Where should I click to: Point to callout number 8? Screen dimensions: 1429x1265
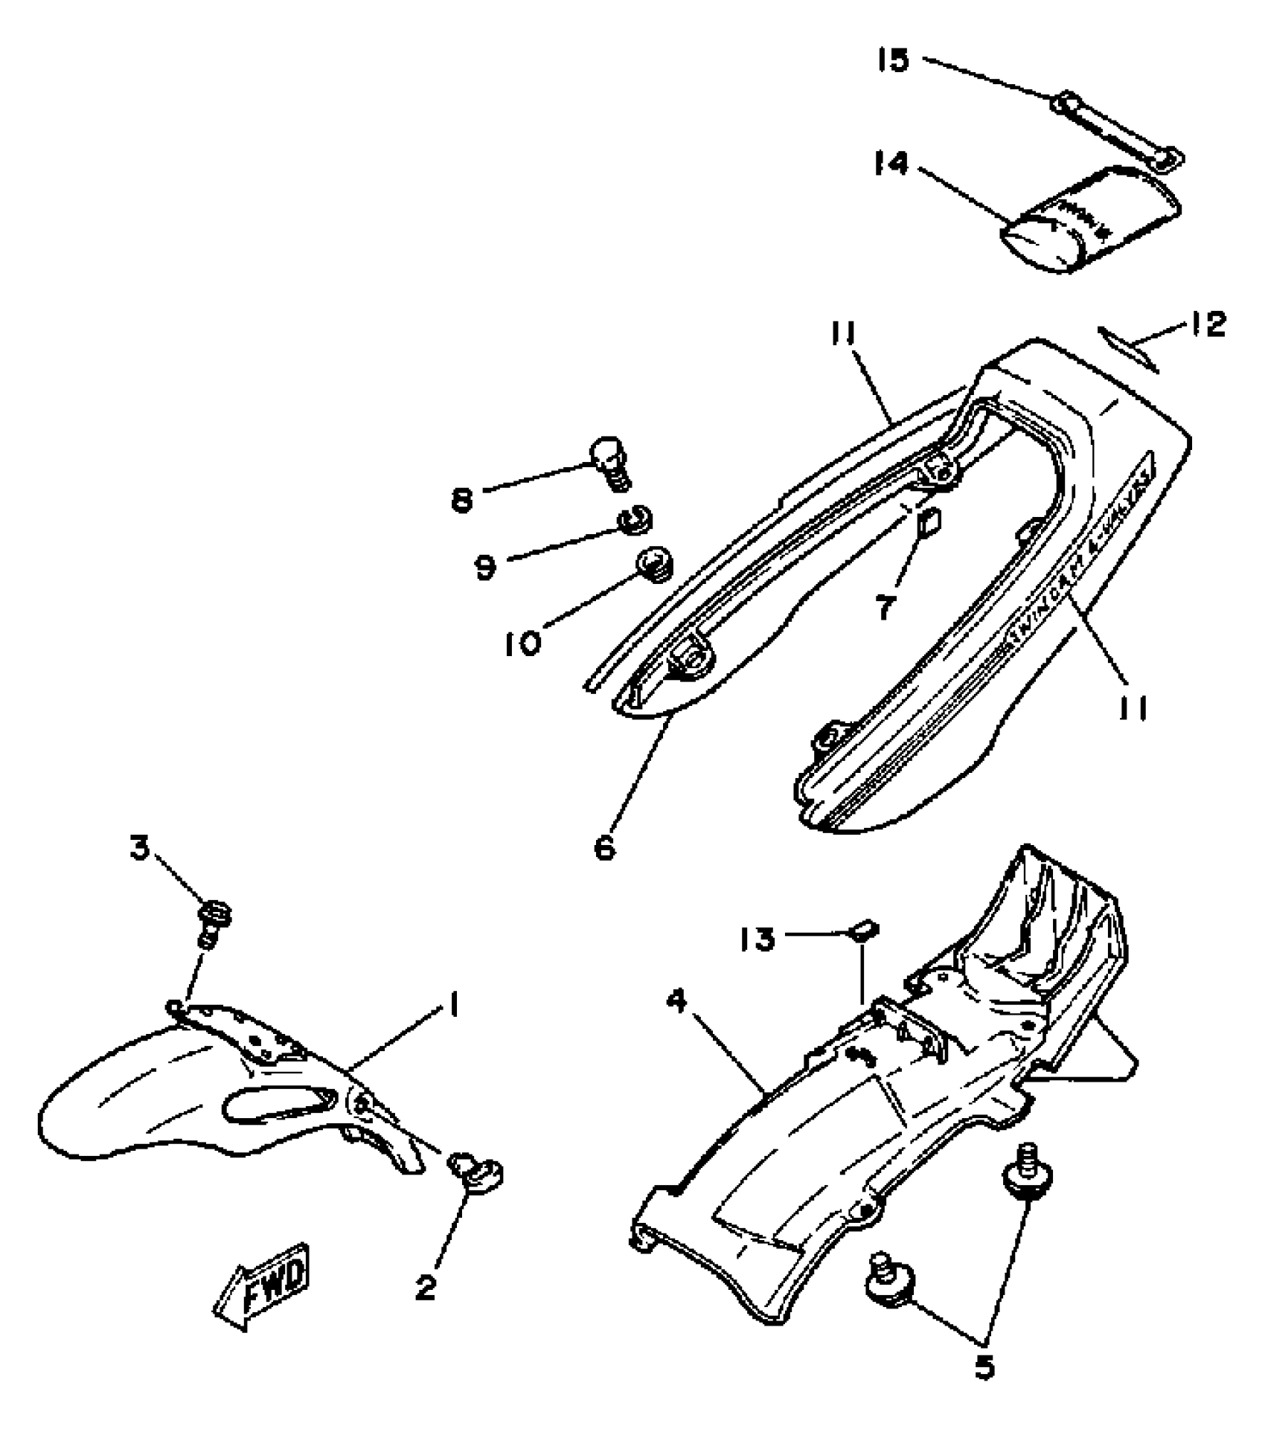[x=462, y=500]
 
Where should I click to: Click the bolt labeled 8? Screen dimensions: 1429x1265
[x=610, y=462]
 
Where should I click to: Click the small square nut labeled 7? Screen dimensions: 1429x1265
[x=930, y=522]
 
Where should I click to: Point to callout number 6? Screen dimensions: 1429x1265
[x=606, y=846]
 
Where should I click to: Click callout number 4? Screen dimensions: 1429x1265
[x=676, y=1002]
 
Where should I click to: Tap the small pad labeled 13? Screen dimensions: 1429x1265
[x=865, y=930]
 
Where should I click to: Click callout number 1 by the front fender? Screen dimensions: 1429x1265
[x=452, y=1007]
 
